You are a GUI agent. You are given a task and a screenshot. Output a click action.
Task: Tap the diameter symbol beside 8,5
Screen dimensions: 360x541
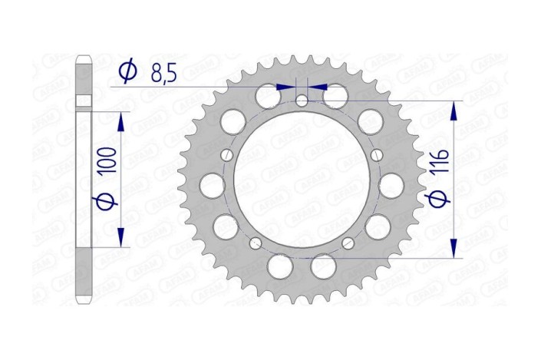(x=128, y=72)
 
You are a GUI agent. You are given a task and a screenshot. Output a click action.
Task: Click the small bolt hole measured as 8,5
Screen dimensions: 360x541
(x=302, y=100)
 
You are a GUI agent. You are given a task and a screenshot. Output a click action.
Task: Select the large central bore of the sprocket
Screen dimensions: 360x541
(x=301, y=182)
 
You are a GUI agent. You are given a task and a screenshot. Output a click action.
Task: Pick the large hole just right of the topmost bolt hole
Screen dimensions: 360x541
(x=336, y=97)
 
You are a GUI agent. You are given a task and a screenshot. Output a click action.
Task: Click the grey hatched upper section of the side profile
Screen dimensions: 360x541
(x=84, y=77)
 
